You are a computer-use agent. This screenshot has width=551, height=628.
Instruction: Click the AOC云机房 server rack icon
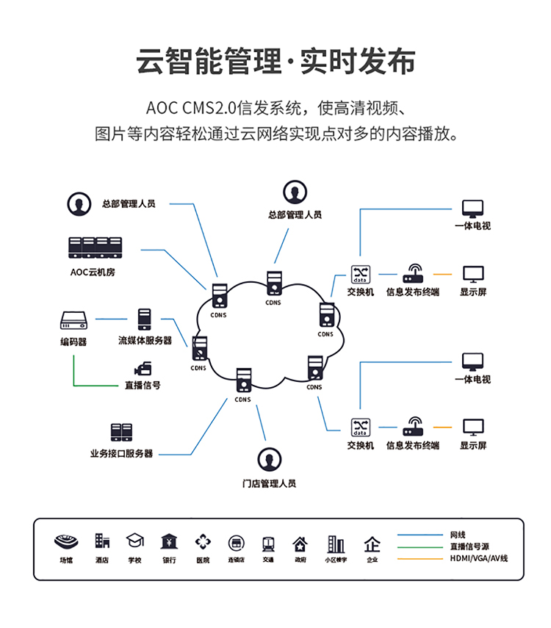coord(96,248)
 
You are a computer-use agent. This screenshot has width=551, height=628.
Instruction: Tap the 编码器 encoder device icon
coord(74,320)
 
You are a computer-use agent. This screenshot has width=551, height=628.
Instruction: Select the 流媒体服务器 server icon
coord(144,319)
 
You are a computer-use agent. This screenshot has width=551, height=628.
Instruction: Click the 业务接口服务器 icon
coord(121,433)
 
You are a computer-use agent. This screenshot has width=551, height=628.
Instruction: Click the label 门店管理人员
coord(269,483)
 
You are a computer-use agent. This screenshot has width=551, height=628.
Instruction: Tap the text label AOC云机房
coord(93,273)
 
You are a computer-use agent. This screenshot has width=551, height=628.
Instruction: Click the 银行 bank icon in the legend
coord(169,542)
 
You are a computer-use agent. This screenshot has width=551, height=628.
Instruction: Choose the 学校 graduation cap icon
coord(134,542)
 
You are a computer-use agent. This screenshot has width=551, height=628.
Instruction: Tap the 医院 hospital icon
coord(203,542)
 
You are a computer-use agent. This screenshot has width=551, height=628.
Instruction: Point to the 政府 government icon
coord(300,544)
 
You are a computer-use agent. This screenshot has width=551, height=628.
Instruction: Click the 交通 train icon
coord(268,544)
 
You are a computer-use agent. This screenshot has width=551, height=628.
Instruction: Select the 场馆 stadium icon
coord(66,542)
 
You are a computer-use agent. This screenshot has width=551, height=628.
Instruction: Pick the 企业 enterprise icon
coord(372,544)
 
